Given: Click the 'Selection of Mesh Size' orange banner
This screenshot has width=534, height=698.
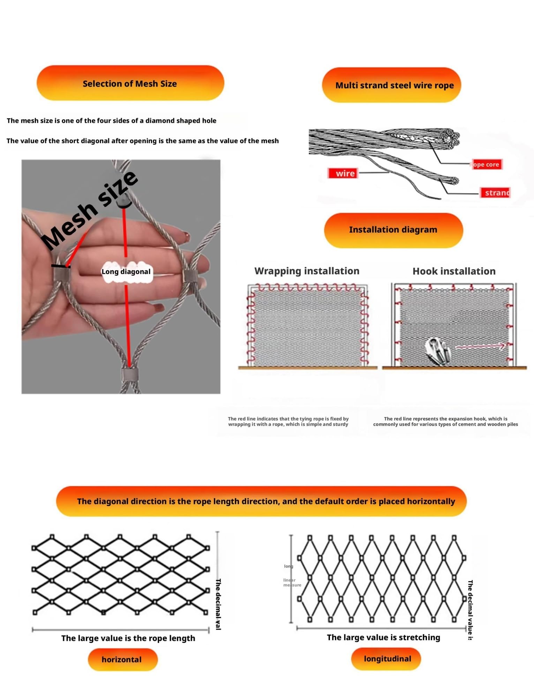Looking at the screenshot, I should (x=130, y=83).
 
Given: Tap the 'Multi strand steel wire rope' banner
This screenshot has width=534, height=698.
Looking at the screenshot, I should (x=394, y=85).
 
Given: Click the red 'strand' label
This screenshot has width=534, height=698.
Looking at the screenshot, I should (x=496, y=193).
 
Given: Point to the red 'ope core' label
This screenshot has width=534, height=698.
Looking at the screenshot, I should (x=486, y=164).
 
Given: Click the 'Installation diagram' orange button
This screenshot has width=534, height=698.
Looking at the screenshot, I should (x=393, y=230).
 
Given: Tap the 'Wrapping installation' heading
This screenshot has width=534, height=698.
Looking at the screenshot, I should (x=307, y=271).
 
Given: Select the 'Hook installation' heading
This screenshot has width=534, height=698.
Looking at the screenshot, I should (x=454, y=271).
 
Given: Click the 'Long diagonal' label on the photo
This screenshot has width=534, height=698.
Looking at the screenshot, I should (x=126, y=272).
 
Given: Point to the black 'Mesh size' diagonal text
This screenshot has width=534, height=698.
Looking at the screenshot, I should (x=90, y=210).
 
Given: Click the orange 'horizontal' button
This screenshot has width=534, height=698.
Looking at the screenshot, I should (x=122, y=659).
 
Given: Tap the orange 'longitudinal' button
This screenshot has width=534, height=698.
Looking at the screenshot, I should (x=387, y=659).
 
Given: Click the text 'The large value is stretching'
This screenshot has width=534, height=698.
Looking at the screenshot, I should (x=383, y=637).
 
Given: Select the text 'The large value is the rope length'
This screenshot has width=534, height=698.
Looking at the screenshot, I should (x=128, y=638).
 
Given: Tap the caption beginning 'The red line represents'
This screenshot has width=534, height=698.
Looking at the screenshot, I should (x=445, y=421).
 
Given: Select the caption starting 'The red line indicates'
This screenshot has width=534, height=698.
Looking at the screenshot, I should (x=288, y=421).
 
